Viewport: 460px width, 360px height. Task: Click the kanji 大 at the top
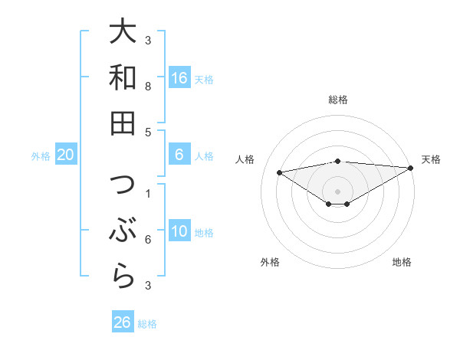(123, 32)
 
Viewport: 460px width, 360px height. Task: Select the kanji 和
(123, 77)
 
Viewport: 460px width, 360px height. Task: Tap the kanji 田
(123, 123)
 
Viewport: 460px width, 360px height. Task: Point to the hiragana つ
(123, 186)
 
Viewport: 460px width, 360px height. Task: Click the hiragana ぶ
(123, 231)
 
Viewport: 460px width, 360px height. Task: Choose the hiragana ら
(123, 276)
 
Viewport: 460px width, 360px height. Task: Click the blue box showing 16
(179, 77)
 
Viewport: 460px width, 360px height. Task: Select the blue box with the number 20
(65, 155)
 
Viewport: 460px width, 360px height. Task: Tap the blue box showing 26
(122, 322)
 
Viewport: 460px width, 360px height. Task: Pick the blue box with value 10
(179, 231)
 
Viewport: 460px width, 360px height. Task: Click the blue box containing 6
(179, 155)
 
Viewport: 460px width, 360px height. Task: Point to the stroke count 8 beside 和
(148, 87)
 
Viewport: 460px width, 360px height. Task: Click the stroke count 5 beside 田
(148, 132)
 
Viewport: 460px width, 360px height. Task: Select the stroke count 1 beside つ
(148, 195)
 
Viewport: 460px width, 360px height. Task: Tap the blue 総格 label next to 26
(147, 324)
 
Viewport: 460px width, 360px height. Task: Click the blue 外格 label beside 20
(41, 156)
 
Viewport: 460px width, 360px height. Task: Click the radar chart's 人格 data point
(279, 172)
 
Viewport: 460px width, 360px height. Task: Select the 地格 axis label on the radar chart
(402, 262)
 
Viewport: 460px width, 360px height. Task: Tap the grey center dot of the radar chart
(337, 190)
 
